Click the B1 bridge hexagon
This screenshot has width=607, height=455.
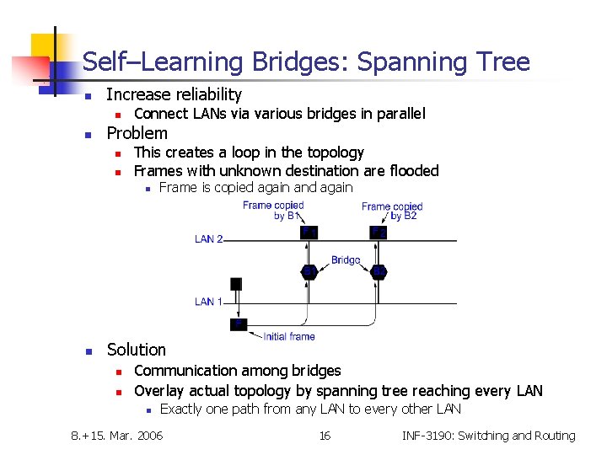(309, 271)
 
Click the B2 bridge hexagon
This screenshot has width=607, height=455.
(379, 271)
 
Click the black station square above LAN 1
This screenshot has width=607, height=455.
(236, 284)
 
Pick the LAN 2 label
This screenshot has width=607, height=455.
(209, 239)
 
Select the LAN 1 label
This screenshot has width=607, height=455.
(209, 302)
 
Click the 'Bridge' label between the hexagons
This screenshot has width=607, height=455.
(346, 260)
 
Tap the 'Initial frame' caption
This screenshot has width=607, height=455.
(289, 336)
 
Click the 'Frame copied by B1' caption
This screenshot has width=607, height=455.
(270, 211)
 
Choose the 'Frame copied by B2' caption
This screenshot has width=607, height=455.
(392, 211)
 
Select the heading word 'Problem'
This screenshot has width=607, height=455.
(137, 133)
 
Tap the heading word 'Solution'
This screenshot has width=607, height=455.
(137, 349)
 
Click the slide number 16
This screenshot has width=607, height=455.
(324, 436)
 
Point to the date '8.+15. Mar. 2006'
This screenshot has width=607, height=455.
(117, 436)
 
